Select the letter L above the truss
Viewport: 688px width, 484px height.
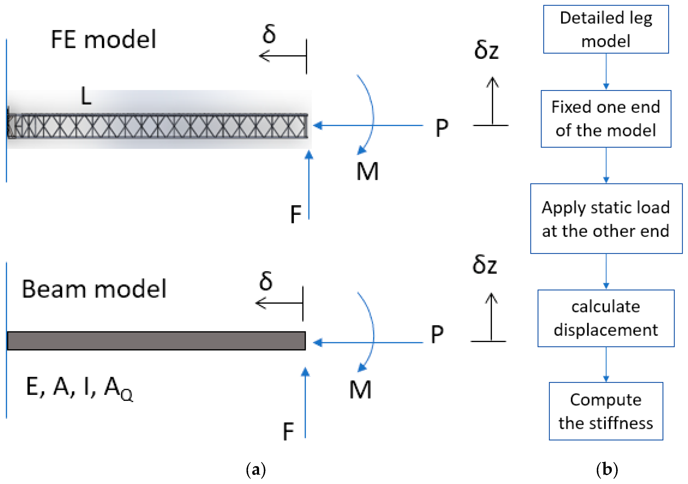[86, 96]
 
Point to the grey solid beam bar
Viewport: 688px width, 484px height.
[156, 341]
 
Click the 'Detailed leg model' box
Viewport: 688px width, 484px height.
[606, 29]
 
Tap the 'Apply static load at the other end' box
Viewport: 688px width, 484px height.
[606, 219]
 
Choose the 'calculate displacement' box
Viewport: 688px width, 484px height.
[606, 318]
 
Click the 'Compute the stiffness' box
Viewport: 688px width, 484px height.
[606, 411]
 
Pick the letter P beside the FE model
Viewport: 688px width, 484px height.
[442, 128]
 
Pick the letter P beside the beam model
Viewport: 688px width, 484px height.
[437, 334]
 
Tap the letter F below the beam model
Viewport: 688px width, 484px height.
[288, 432]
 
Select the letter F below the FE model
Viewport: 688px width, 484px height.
[296, 215]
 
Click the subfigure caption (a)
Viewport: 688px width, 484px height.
[256, 469]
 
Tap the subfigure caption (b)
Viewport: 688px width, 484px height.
[607, 469]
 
